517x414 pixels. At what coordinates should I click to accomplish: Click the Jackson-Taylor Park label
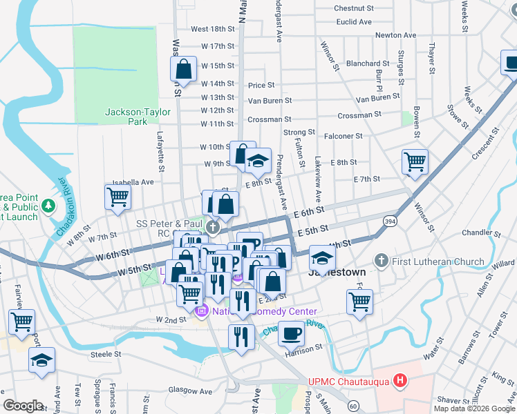pyautogui.click(x=126, y=117)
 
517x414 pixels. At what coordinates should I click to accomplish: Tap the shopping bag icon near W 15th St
pyautogui.click(x=182, y=68)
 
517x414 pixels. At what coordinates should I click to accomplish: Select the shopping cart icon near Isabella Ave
pyautogui.click(x=117, y=197)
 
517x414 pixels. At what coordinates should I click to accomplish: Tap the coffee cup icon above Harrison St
pyautogui.click(x=291, y=333)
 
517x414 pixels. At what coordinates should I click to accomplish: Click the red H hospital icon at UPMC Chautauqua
pyautogui.click(x=399, y=380)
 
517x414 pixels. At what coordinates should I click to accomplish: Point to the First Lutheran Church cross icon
pyautogui.click(x=379, y=262)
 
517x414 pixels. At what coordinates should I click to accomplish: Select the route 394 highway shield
pyautogui.click(x=391, y=220)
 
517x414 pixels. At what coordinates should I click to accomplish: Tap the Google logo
pyautogui.click(x=23, y=405)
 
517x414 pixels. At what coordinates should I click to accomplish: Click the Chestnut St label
pyautogui.click(x=353, y=9)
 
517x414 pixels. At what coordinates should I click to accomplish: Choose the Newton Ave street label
pyautogui.click(x=395, y=35)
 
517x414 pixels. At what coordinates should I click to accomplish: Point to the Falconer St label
pyautogui.click(x=344, y=137)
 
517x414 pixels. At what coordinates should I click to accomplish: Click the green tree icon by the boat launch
pyautogui.click(x=48, y=206)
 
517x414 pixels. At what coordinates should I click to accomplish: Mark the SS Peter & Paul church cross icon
pyautogui.click(x=214, y=227)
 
